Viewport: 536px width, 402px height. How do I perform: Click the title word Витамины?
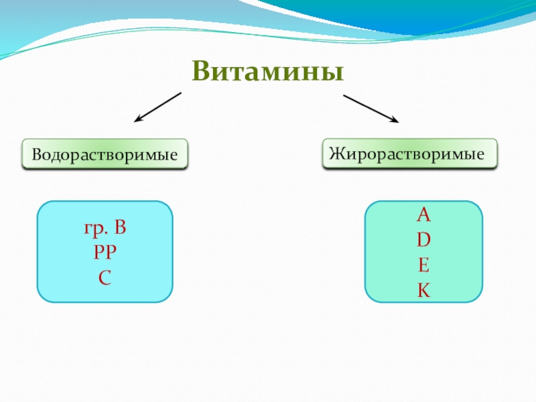267,71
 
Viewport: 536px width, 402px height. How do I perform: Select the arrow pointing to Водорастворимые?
158,107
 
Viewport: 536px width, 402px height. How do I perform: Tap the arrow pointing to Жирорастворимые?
371,109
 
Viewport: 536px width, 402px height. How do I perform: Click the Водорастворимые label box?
105,154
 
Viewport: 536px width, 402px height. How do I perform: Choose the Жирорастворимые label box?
410,153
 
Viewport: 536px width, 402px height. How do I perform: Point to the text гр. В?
105,229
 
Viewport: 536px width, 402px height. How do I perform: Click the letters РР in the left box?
105,253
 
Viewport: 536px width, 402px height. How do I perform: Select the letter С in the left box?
105,275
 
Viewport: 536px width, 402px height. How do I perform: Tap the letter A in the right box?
423,216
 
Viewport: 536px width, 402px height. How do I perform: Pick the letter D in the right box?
423,240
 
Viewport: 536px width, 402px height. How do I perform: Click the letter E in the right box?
423,265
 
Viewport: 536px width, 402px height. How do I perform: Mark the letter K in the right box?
423,290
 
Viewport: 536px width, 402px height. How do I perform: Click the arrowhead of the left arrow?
137,120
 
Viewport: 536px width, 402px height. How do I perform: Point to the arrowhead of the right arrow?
395,121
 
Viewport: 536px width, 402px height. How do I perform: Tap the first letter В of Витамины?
200,71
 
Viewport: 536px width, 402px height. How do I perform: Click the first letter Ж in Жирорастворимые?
334,153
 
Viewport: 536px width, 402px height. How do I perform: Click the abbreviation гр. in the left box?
94,230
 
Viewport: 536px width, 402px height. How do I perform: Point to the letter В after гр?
120,229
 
